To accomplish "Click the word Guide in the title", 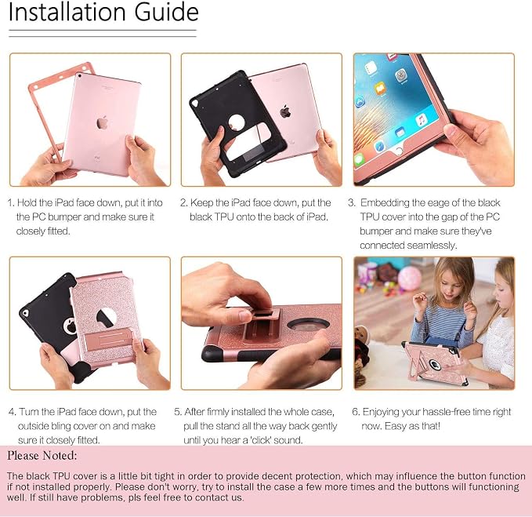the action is point(166,13).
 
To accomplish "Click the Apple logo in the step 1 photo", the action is point(102,122).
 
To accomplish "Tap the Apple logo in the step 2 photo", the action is point(285,111).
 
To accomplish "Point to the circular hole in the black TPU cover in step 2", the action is point(236,122).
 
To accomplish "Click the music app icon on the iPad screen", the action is point(421,120).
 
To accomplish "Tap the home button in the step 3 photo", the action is point(399,151).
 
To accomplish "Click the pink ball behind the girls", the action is point(409,278).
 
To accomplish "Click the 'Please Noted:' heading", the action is point(42,456).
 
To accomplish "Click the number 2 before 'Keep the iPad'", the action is point(183,202).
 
